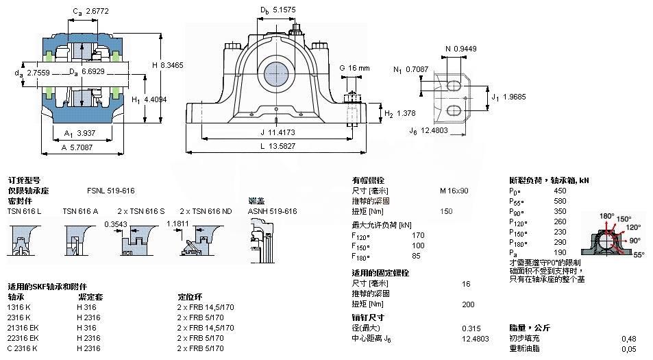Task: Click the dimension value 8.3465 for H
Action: [x=170, y=64]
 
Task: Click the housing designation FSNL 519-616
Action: [x=110, y=191]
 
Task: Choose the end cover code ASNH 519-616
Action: [x=272, y=211]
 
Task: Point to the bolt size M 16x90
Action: [x=454, y=191]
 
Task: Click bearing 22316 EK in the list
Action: [x=23, y=338]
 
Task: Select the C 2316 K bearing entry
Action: [x=23, y=348]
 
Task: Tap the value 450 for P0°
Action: [x=559, y=191]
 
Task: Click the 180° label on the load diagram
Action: [x=607, y=216]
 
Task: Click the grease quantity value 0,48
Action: [x=628, y=339]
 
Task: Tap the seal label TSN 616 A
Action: [x=81, y=211]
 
